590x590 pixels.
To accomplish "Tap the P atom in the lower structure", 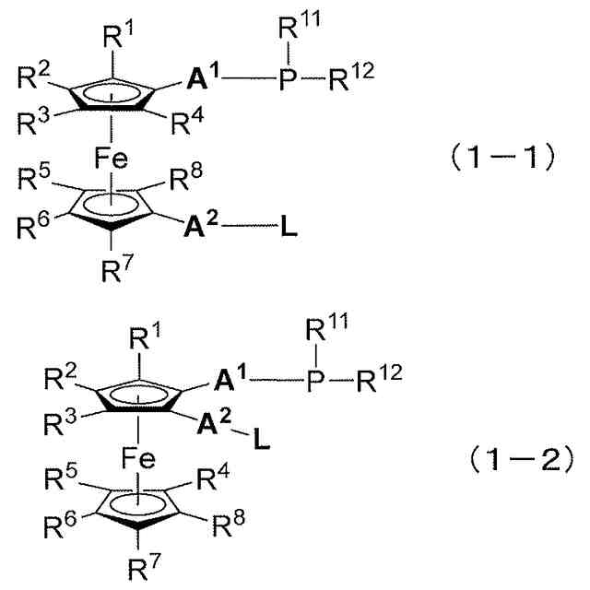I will [314, 379].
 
